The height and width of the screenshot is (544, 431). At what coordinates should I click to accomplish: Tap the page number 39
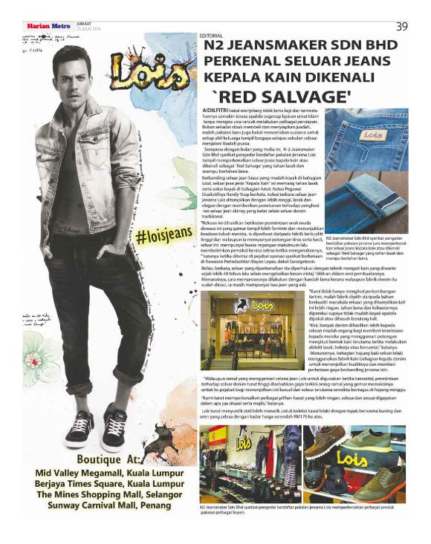(401, 26)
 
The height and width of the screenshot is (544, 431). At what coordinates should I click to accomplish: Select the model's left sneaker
(114, 425)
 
